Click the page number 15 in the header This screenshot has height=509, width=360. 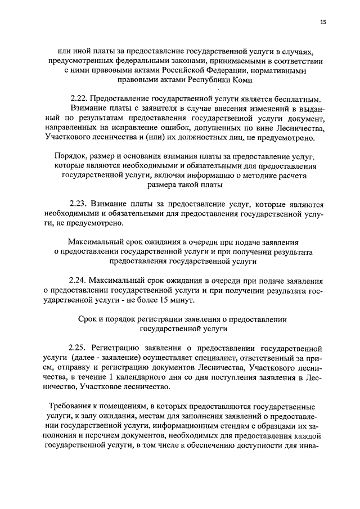323,21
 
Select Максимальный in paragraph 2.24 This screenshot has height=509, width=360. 116,280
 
